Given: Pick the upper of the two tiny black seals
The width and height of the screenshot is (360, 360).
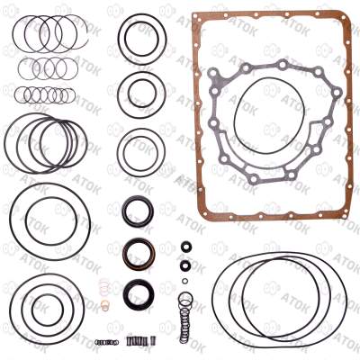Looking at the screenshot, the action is tap(186, 247).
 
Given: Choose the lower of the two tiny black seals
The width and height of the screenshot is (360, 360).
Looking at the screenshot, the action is tap(186, 265).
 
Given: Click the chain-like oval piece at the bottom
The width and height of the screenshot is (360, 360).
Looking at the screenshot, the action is tap(106, 342).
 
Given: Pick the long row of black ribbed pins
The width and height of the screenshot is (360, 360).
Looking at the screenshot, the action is tap(137, 341).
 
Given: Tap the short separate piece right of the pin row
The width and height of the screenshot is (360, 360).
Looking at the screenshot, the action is tap(153, 341).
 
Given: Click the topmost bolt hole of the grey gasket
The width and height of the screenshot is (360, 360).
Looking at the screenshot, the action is tap(283, 65).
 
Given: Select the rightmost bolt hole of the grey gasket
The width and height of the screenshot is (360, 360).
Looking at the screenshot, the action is tap(337, 92).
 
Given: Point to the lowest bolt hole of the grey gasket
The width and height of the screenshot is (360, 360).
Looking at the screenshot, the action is tap(254, 179).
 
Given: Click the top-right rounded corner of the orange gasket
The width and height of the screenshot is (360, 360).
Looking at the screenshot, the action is tap(346, 16).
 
